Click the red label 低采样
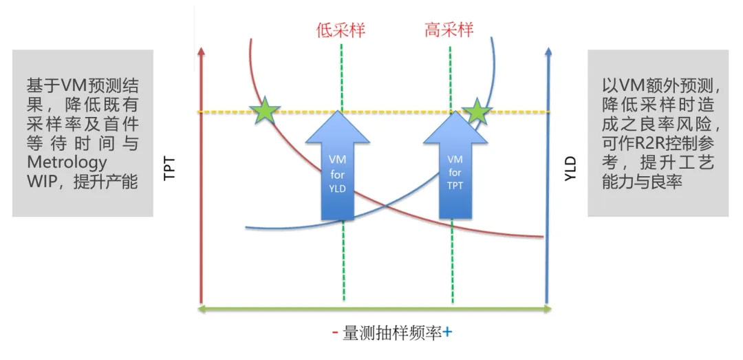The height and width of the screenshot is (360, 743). (x=341, y=30)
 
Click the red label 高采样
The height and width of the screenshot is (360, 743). (x=449, y=30)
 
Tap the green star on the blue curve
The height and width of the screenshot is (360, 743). (x=477, y=113)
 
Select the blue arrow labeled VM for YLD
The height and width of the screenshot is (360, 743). (x=337, y=165)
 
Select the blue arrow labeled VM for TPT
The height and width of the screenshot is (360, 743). (x=455, y=165)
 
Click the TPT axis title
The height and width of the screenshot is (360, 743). (x=169, y=169)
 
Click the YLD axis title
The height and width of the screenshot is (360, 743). (x=571, y=169)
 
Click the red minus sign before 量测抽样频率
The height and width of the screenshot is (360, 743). (x=335, y=332)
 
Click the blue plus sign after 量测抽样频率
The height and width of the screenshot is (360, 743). (x=447, y=332)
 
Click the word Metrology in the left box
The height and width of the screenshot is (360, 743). (x=67, y=162)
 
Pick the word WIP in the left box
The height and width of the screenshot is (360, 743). (x=41, y=182)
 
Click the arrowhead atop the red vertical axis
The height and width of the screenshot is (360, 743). (x=202, y=52)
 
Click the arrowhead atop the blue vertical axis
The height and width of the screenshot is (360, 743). (x=548, y=52)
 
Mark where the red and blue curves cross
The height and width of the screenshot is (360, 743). (x=386, y=207)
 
